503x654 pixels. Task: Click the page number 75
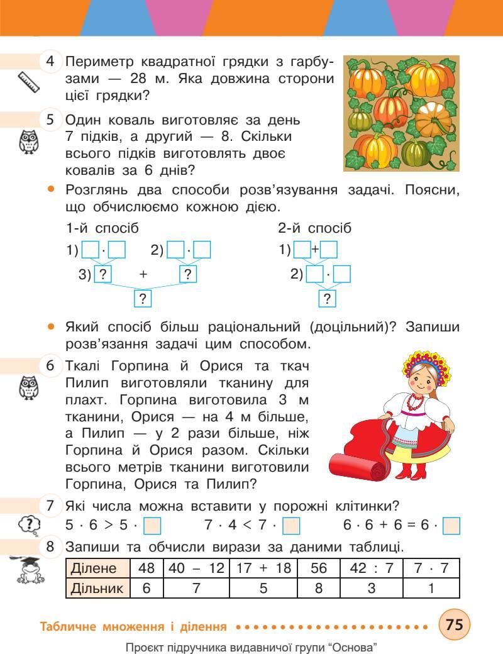pos(454,626)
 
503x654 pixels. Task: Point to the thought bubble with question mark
pos(29,524)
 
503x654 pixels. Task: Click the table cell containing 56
pos(318,568)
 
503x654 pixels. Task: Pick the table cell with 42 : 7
pos(371,568)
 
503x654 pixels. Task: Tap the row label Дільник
pos(97,589)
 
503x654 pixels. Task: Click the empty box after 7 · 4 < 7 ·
pos(291,525)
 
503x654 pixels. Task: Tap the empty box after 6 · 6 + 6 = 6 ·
pos(451,525)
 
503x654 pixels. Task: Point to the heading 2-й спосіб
pos(314,228)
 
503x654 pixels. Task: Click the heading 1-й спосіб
pos(102,228)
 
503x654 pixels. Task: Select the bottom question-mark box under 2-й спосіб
pos(327,299)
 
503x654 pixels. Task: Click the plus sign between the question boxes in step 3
pos(143,274)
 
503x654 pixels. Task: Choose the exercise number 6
pos(50,365)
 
